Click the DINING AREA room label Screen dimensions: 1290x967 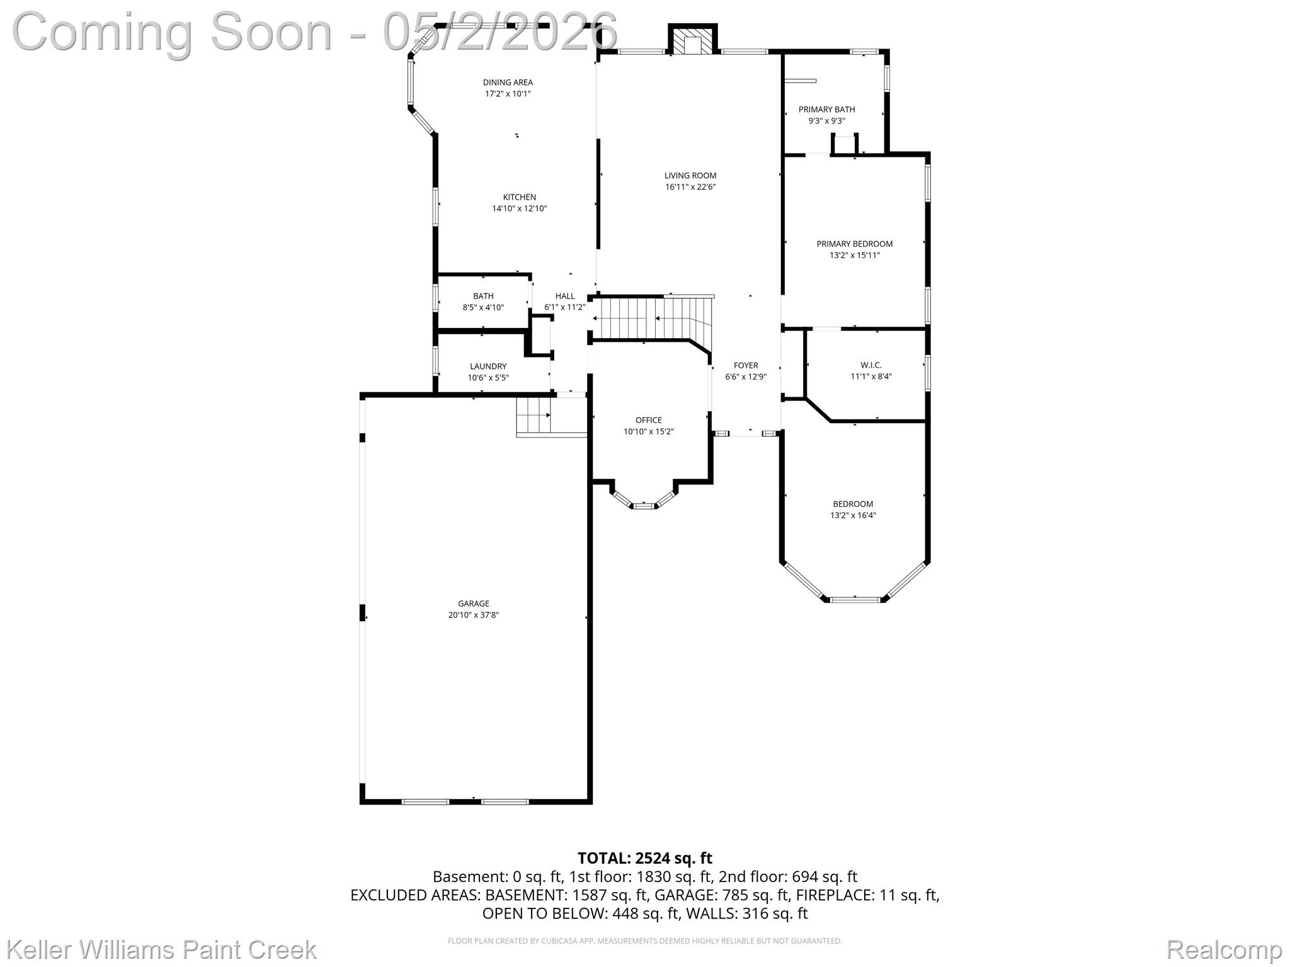pyautogui.click(x=508, y=82)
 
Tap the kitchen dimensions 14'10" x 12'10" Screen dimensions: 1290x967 pyautogui.click(x=520, y=208)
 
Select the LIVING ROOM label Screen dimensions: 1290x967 pyautogui.click(x=690, y=176)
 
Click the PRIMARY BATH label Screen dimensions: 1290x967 pyautogui.click(x=827, y=110)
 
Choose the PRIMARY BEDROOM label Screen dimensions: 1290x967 pyautogui.click(x=855, y=244)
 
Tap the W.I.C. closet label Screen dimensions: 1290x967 pyautogui.click(x=871, y=365)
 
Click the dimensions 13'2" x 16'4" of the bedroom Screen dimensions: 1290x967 pyautogui.click(x=853, y=516)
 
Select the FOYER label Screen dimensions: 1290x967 pyautogui.click(x=746, y=366)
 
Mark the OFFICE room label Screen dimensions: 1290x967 pyautogui.click(x=649, y=421)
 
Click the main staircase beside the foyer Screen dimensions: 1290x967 pyautogui.click(x=653, y=318)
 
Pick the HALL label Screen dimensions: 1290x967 pyautogui.click(x=565, y=297)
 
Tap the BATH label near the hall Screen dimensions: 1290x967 pyautogui.click(x=484, y=297)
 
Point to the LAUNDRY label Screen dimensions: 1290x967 pyautogui.click(x=488, y=366)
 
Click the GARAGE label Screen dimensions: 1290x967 pyautogui.click(x=474, y=604)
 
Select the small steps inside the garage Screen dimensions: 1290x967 pyautogui.click(x=534, y=416)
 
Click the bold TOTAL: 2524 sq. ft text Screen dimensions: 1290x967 pyautogui.click(x=645, y=858)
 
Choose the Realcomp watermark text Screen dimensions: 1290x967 pyautogui.click(x=1224, y=949)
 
